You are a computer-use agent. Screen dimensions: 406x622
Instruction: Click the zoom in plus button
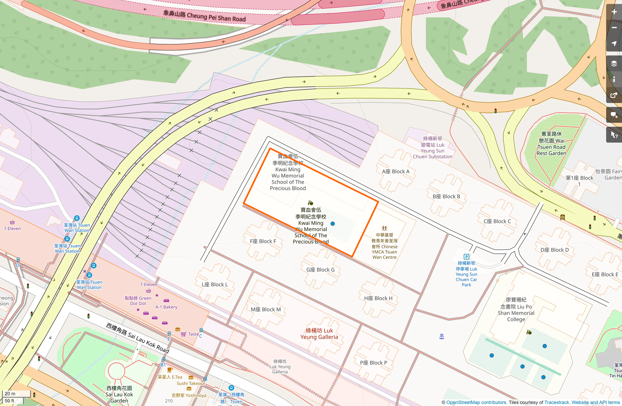614,12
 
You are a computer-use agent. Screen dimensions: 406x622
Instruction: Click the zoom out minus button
614,28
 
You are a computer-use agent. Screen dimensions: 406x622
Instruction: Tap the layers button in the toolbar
614,63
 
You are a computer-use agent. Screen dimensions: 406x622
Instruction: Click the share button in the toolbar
614,95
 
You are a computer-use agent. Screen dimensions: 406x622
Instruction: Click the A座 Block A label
396,172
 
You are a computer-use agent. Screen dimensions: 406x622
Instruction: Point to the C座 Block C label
497,221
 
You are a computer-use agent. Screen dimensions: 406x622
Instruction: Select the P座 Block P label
373,363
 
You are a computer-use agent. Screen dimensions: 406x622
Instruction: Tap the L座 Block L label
215,285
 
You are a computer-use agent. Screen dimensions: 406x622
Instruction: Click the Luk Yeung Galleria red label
319,334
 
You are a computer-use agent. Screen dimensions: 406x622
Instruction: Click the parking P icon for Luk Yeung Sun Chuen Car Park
466,256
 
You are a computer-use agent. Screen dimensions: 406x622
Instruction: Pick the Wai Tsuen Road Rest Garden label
551,144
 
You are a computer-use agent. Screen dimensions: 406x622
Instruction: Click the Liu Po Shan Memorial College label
516,310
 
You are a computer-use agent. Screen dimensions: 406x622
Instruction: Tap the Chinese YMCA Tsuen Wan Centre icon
384,228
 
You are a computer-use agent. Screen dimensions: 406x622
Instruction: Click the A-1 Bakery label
166,307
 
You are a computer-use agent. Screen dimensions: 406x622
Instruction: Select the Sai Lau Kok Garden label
119,394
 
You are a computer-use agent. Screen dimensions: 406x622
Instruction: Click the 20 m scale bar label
10,393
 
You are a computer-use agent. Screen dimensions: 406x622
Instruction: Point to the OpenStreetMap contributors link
476,402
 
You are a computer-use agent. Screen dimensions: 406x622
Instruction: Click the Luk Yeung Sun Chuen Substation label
432,148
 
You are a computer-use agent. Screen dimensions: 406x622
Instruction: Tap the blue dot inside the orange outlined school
332,224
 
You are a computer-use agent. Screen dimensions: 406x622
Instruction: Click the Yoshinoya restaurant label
189,395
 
